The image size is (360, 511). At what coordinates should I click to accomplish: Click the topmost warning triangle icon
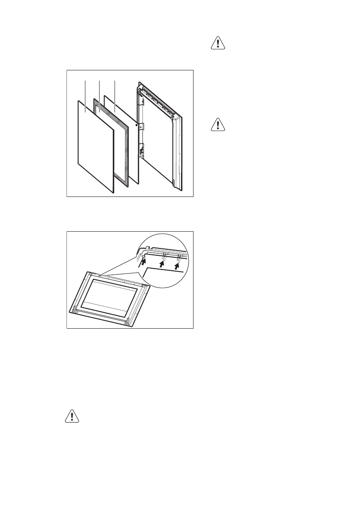tap(218, 45)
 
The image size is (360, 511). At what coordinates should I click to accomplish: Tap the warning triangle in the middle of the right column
tap(218, 124)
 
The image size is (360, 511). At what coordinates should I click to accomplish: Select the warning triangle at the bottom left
tap(72, 417)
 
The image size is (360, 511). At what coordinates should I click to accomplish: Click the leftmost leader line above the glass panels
tap(86, 94)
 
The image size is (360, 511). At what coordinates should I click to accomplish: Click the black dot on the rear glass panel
tap(136, 125)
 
